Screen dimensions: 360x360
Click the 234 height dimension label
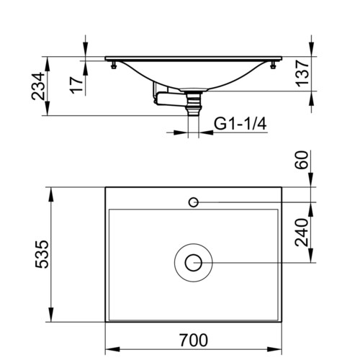pyautogui.click(x=38, y=86)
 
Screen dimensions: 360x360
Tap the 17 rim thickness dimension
pyautogui.click(x=76, y=85)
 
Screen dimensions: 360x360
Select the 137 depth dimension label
pyautogui.click(x=302, y=73)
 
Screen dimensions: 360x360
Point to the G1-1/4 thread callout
pyautogui.click(x=240, y=124)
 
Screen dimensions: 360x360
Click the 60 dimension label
pyautogui.click(x=302, y=160)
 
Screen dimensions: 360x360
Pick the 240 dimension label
pyautogui.click(x=302, y=232)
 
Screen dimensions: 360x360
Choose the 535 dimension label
pyautogui.click(x=42, y=254)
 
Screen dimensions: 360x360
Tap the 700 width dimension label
pyautogui.click(x=194, y=340)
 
